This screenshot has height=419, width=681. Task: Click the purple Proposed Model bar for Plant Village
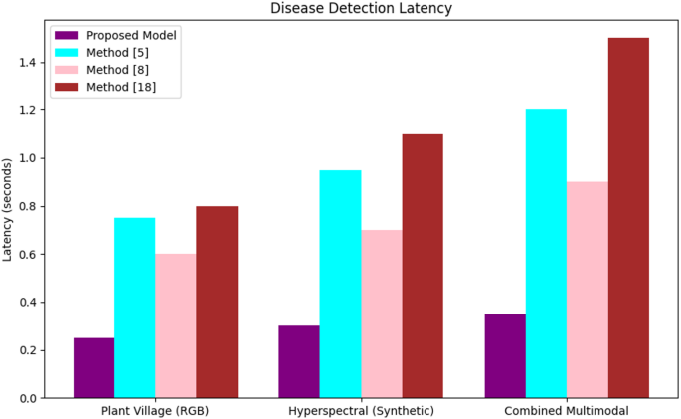coord(93,367)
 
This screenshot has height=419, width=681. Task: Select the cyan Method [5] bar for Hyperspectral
coord(340,284)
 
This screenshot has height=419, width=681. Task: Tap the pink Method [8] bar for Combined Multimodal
coord(588,290)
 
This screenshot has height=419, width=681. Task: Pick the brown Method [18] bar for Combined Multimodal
coord(628,218)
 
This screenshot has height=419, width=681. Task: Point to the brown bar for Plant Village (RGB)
coord(217,303)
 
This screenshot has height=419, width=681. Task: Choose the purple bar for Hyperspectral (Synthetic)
coord(299,361)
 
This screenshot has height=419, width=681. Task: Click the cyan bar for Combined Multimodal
coord(546,254)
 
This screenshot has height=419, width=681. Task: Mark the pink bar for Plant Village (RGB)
coord(176,326)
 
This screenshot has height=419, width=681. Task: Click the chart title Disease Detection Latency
coord(361,8)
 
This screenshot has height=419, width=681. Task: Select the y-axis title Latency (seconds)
coord(7,209)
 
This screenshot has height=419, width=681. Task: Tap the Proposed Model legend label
coord(131,35)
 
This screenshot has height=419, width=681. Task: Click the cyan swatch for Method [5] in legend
coord(66,53)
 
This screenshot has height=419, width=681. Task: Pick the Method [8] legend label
coord(117,70)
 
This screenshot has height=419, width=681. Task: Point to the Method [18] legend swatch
coord(66,87)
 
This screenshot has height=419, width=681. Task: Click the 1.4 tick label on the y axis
coord(28,63)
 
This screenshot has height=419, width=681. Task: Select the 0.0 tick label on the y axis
coord(28,398)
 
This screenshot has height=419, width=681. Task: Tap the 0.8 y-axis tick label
coord(28,206)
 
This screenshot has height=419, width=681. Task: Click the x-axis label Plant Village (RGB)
coord(155,411)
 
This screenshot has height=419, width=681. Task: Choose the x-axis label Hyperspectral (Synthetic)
coord(361,411)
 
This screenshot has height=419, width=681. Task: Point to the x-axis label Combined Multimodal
coord(567,411)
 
